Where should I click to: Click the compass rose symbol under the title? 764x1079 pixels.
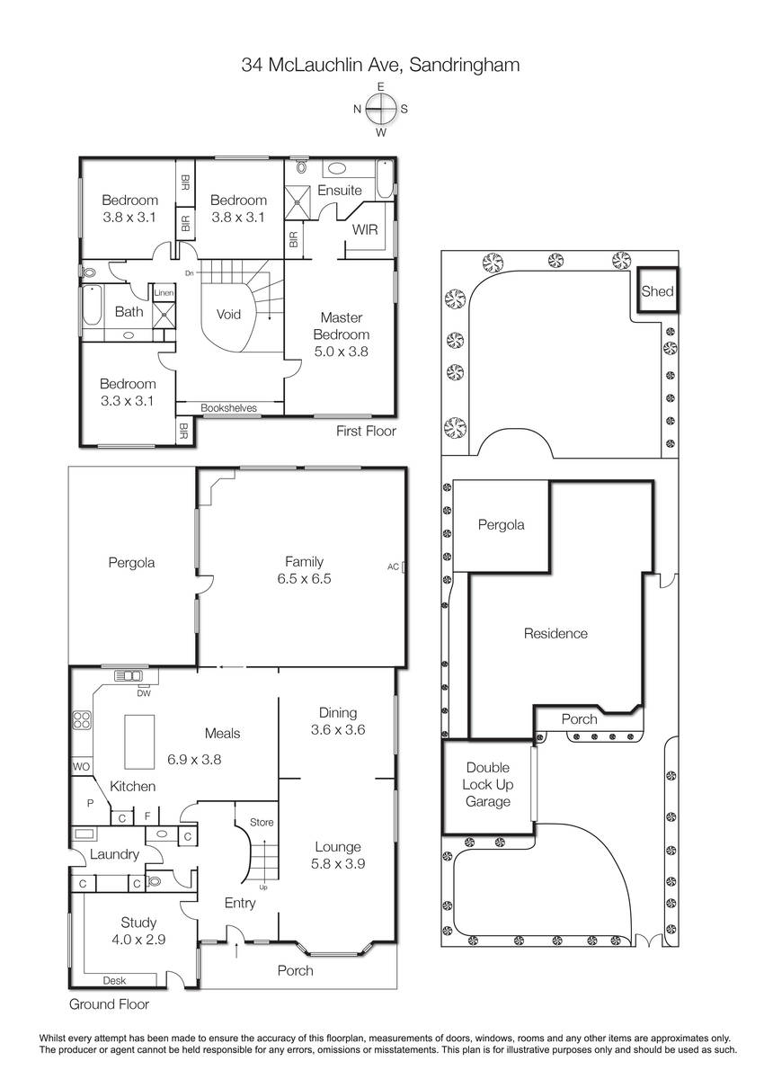click(x=381, y=109)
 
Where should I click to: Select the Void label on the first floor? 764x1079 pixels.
click(x=228, y=315)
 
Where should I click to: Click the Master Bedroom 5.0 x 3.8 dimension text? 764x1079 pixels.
click(x=341, y=352)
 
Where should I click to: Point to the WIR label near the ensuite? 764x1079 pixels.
click(x=366, y=230)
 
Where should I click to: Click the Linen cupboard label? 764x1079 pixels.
click(x=164, y=292)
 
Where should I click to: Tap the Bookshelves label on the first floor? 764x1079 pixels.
click(x=228, y=407)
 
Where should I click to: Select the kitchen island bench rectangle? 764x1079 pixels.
click(x=139, y=742)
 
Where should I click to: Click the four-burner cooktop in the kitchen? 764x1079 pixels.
click(x=82, y=719)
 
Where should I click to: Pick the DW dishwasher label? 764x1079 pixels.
click(x=144, y=693)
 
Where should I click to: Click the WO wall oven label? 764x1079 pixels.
click(x=81, y=766)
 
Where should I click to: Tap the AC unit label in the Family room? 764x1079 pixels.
click(x=393, y=566)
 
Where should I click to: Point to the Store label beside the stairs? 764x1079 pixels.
click(x=262, y=822)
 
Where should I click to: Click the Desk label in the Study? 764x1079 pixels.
click(x=114, y=980)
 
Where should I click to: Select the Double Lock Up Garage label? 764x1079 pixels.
click(x=488, y=784)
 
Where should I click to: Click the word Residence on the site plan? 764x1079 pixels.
click(x=555, y=633)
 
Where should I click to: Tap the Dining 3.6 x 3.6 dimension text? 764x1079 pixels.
click(x=338, y=729)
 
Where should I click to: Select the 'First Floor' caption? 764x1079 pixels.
click(x=366, y=431)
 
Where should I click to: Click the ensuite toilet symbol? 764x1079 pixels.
click(x=302, y=166)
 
